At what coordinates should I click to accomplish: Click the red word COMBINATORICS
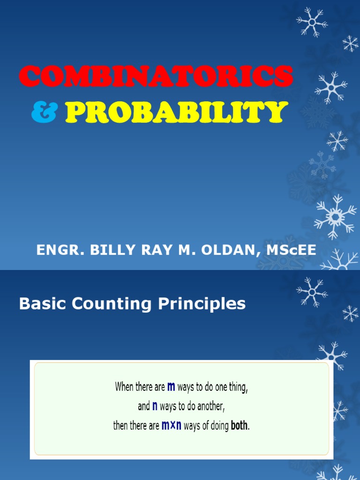156,76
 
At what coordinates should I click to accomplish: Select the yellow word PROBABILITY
177,112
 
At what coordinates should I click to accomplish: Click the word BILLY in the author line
112,250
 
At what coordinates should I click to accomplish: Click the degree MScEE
291,250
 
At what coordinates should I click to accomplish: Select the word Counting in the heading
112,304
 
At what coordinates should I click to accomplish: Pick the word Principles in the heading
202,304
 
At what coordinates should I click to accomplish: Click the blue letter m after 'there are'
171,387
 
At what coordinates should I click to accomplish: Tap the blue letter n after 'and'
155,406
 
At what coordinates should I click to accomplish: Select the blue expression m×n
172,425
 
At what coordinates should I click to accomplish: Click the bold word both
240,425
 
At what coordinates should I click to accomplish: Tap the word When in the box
124,387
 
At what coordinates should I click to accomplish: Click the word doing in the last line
219,426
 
